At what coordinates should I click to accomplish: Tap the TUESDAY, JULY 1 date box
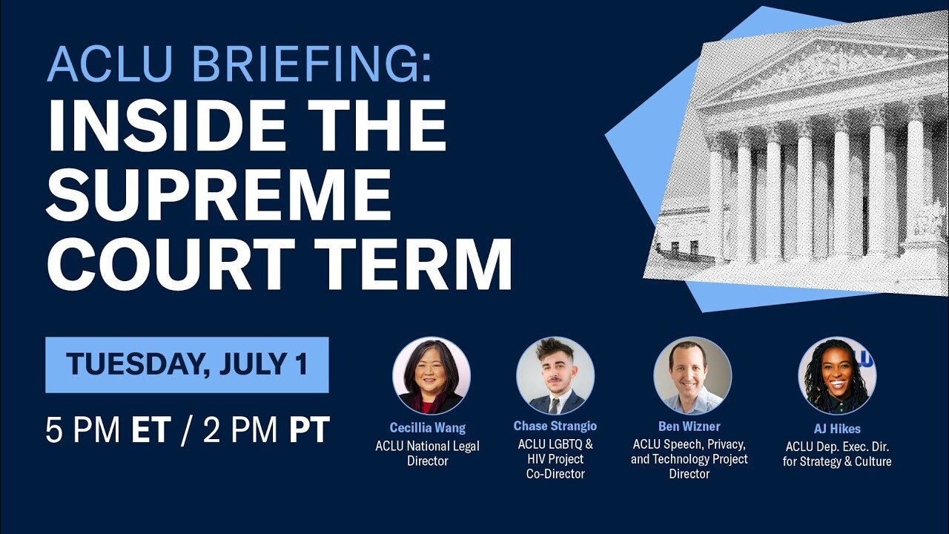(x=187, y=365)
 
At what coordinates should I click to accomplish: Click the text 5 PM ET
(x=108, y=431)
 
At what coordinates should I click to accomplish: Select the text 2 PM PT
(x=266, y=431)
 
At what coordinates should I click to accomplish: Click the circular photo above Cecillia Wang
(x=431, y=375)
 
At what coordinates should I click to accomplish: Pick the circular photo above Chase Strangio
(x=555, y=375)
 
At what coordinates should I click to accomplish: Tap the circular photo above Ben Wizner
(x=692, y=375)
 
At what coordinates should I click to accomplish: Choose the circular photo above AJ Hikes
(x=836, y=375)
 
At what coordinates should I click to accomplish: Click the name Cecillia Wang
(x=428, y=428)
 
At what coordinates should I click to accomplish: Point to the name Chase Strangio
(x=555, y=426)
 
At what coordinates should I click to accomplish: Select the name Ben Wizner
(x=689, y=426)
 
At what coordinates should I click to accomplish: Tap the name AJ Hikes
(x=836, y=429)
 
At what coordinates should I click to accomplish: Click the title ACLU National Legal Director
(x=428, y=453)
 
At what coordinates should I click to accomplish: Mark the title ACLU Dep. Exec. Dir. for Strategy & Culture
(x=836, y=454)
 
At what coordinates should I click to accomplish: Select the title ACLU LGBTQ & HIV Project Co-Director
(x=555, y=458)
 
